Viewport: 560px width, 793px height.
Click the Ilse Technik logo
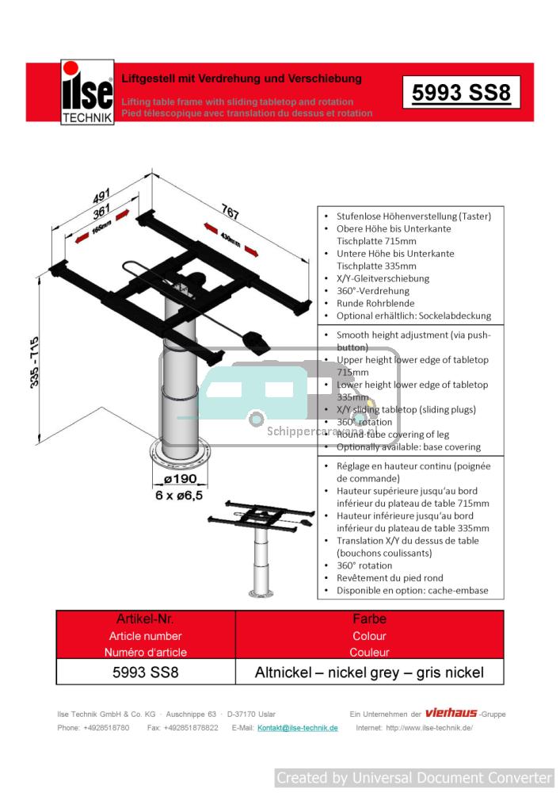(x=87, y=93)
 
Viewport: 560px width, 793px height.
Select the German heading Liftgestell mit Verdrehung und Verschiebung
(x=242, y=79)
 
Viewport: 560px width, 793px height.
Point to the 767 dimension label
(x=230, y=212)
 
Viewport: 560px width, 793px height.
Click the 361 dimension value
(x=101, y=213)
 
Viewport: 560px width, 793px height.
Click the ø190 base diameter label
(x=180, y=480)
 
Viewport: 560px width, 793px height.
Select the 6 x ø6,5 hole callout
(x=179, y=495)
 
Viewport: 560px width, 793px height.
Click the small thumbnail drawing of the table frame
(x=259, y=547)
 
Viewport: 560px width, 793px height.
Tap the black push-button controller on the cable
(x=257, y=342)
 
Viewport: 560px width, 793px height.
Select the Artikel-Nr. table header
(x=145, y=619)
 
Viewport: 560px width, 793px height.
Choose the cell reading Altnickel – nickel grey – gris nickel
(x=369, y=673)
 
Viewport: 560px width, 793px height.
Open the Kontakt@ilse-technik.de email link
(x=298, y=728)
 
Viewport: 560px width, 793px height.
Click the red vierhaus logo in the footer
(x=451, y=713)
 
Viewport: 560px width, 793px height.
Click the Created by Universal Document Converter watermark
(x=414, y=778)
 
